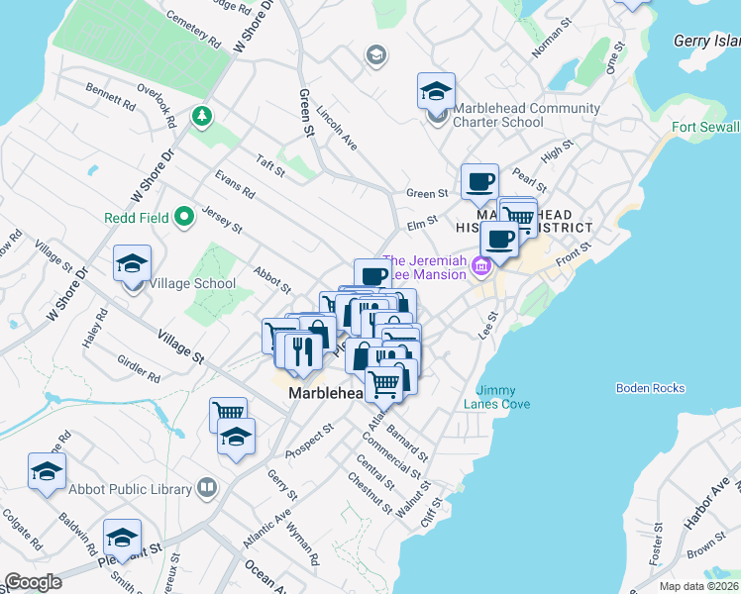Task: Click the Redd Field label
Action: pos(136,217)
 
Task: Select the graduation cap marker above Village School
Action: pos(133,264)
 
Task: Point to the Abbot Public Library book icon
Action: pos(206,487)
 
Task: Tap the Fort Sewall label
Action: pos(705,128)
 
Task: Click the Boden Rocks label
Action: pos(649,388)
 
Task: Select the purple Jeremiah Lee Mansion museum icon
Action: pos(481,265)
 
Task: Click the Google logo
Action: pos(33,582)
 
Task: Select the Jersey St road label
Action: pos(222,219)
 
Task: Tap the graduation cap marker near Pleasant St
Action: pos(122,538)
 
